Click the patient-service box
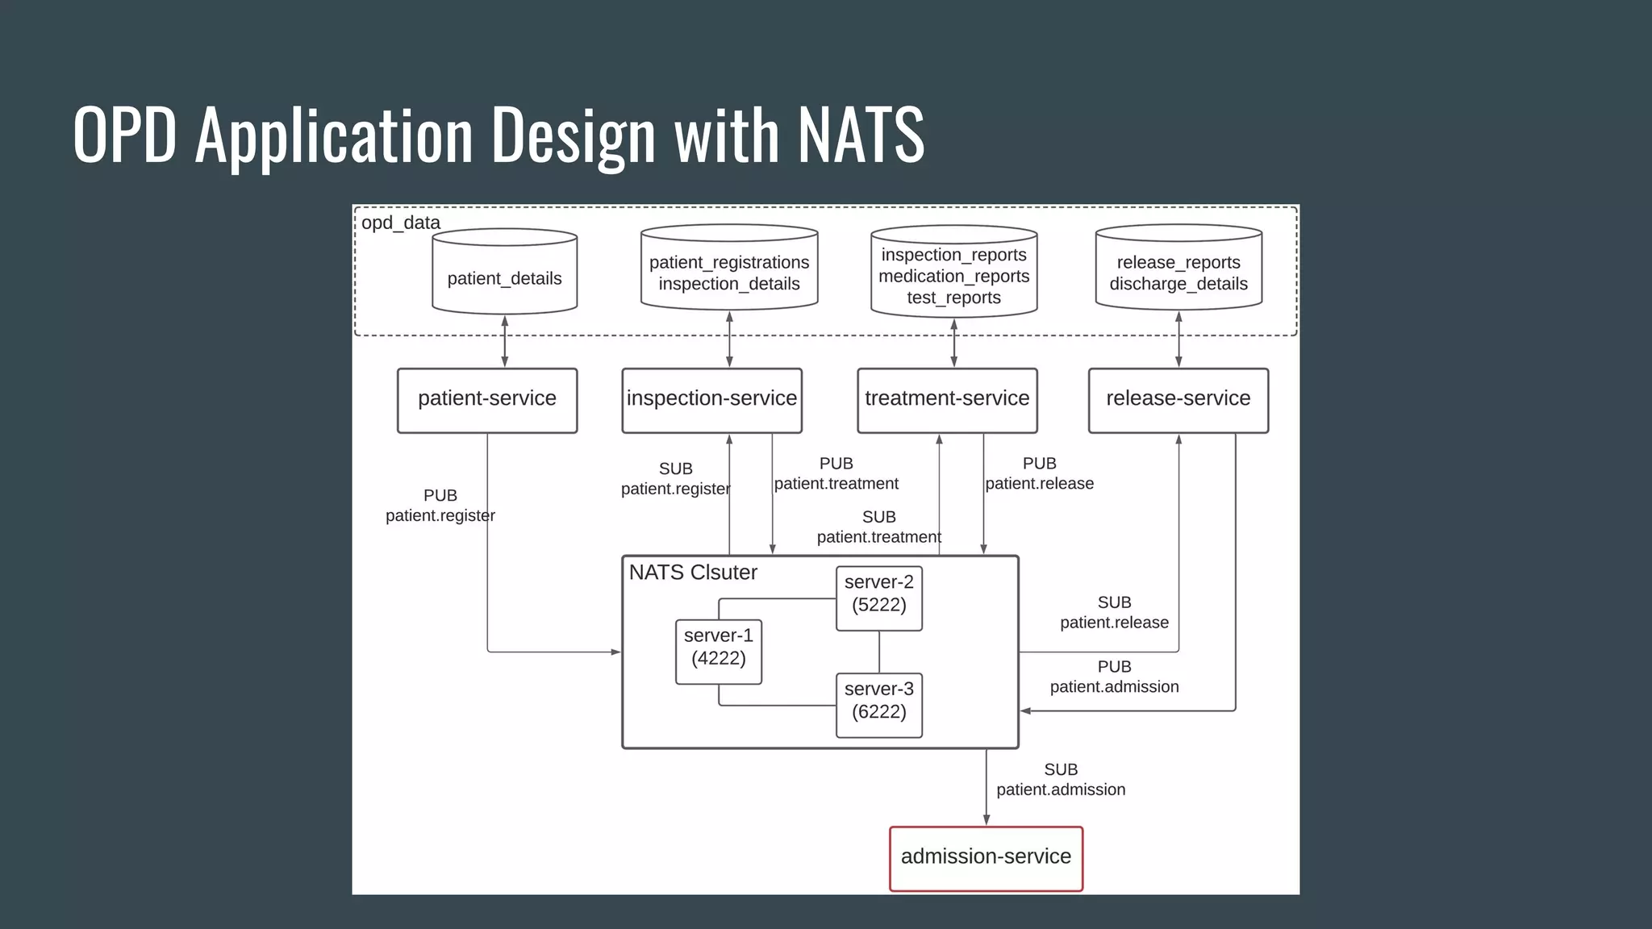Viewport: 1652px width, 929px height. pyautogui.click(x=487, y=400)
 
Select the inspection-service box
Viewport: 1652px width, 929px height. pyautogui.click(x=711, y=400)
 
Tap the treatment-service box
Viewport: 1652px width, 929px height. pyautogui.click(x=947, y=400)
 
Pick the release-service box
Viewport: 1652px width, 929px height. pyautogui.click(x=1178, y=400)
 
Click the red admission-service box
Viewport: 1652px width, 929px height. pyautogui.click(x=986, y=858)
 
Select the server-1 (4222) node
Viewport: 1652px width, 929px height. pyautogui.click(x=718, y=652)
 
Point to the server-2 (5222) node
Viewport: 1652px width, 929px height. pyautogui.click(x=878, y=598)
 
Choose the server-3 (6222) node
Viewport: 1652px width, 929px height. pyautogui.click(x=878, y=705)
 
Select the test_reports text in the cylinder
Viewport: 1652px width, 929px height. pyautogui.click(x=953, y=298)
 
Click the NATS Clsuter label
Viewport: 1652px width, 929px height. pyautogui.click(x=692, y=573)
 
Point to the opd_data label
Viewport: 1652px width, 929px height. pyautogui.click(x=400, y=223)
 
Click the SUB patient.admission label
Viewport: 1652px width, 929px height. pyautogui.click(x=1060, y=780)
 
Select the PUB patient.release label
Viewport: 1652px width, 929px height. pyautogui.click(x=1039, y=473)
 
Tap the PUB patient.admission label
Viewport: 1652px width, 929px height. pyautogui.click(x=1114, y=677)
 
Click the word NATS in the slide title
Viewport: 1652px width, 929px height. pyautogui.click(x=860, y=135)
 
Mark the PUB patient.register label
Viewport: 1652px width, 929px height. pyautogui.click(x=440, y=506)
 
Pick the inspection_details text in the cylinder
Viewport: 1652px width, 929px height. pyautogui.click(x=728, y=284)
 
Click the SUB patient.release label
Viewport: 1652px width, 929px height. pyautogui.click(x=1114, y=612)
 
